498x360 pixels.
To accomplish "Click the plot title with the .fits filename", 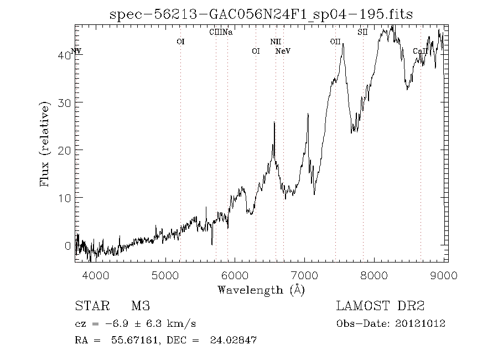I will tap(261, 14).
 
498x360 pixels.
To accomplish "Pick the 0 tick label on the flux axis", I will tap(69, 245).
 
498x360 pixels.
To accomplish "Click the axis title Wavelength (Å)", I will tap(261, 289).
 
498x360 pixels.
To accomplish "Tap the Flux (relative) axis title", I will tap(45, 144).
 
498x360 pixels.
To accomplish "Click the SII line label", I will tap(362, 32).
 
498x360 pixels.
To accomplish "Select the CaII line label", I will tap(419, 52).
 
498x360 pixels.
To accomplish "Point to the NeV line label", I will tap(283, 52).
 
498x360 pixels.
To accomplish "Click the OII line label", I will tap(335, 42).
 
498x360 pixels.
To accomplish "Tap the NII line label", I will tap(276, 42).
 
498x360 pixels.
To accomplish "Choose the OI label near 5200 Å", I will tap(180, 42).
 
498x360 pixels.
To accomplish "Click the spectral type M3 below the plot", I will tap(141, 306).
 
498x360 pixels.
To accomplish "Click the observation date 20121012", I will tap(421, 323).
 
